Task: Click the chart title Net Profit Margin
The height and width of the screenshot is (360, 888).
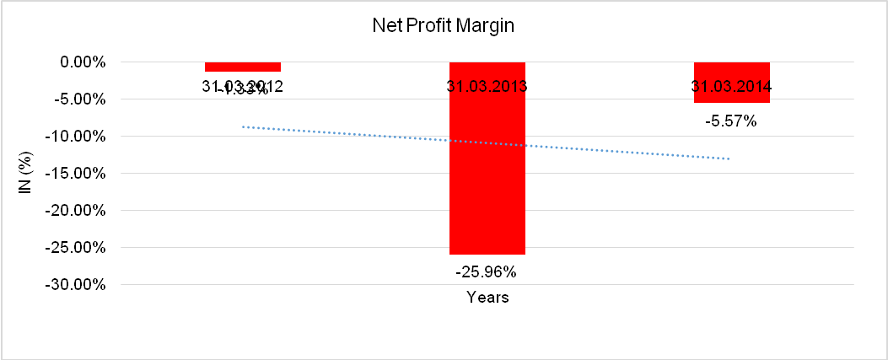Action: click(x=444, y=26)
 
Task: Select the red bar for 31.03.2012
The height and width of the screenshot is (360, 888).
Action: click(x=243, y=67)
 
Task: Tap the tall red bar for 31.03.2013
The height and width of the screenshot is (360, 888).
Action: click(x=487, y=169)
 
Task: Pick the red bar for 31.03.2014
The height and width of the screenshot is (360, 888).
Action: click(x=732, y=93)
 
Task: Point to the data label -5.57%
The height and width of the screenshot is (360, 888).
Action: click(x=731, y=121)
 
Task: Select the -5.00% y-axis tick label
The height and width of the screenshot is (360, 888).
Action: click(x=79, y=99)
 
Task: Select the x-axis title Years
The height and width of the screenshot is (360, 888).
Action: click(x=487, y=298)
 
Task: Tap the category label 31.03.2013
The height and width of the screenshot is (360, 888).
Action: click(x=487, y=86)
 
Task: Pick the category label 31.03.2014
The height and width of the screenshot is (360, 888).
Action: click(x=732, y=86)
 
